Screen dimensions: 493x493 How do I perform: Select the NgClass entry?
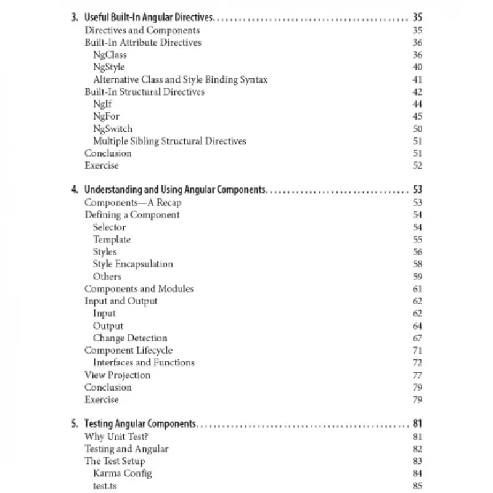point(110,55)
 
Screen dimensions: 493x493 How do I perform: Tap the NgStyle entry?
point(109,67)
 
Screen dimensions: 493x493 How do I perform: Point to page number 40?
point(417,67)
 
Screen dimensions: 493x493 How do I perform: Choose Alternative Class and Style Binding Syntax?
point(180,79)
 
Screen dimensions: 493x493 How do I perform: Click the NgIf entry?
point(102,104)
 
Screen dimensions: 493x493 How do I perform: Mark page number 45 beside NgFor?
point(417,116)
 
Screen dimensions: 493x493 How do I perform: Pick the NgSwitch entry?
point(113,129)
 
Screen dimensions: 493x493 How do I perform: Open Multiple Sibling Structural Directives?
point(169,141)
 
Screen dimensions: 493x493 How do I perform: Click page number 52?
point(417,166)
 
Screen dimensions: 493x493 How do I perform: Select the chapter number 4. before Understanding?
point(75,190)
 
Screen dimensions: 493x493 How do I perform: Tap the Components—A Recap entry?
point(132,203)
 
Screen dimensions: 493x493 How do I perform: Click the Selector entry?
point(109,227)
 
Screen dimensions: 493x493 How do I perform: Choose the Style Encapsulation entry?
point(132,264)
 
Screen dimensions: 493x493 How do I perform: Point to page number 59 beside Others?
point(417,277)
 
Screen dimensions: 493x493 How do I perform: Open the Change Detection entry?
point(130,338)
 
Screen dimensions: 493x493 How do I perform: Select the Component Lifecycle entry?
point(128,351)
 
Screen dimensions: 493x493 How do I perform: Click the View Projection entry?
point(117,375)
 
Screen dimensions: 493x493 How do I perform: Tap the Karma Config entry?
point(122,474)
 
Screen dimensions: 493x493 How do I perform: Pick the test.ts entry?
point(104,486)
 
